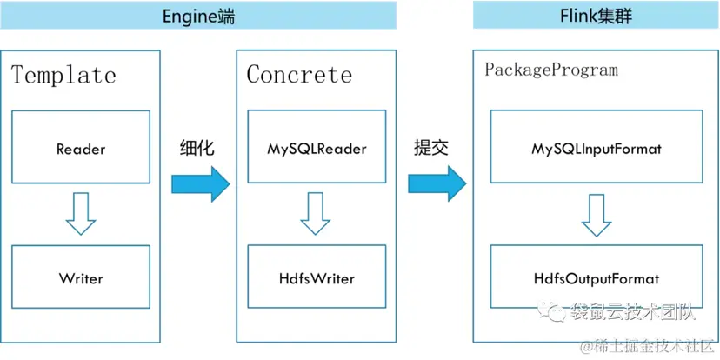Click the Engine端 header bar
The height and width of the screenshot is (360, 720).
pos(198,15)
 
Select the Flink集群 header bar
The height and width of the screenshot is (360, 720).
pos(596,15)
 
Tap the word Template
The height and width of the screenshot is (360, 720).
pos(63,75)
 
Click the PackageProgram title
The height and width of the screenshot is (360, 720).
pos(551,70)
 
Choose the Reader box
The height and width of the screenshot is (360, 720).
pos(81,148)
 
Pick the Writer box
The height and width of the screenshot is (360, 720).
pos(81,279)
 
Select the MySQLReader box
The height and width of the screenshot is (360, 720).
pos(317,148)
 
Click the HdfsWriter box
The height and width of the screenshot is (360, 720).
pos(317,279)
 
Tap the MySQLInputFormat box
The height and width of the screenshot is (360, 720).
pos(596,148)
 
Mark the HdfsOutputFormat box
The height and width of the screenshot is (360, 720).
pos(596,279)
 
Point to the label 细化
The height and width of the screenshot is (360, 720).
pos(197,147)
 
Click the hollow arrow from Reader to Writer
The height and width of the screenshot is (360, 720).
pos(81,215)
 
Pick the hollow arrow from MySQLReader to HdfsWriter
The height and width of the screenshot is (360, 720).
pos(317,215)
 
